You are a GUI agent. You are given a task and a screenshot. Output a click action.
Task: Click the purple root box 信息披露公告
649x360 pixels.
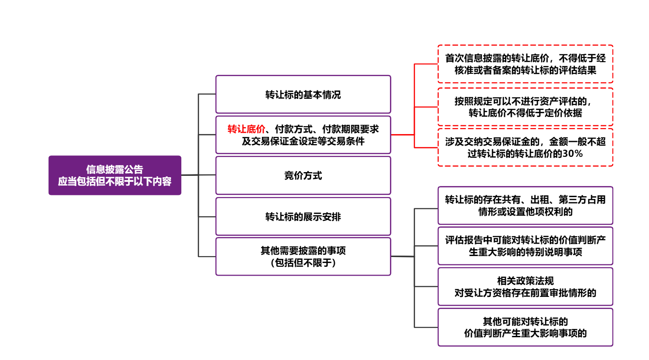point(115,175)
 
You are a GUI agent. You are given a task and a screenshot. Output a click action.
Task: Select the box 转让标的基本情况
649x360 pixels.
point(303,95)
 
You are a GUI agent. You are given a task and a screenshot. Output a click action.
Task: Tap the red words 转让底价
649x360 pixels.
point(246,129)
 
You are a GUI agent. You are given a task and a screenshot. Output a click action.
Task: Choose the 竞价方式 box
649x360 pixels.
point(303,176)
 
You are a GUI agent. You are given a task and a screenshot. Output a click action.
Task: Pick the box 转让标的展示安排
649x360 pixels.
point(303,217)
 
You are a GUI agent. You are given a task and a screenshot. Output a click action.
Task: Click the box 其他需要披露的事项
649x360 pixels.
point(303,257)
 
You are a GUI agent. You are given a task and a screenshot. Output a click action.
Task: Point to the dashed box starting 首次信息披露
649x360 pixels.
point(525,64)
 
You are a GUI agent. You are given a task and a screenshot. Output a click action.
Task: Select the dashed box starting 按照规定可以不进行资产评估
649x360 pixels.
point(525,107)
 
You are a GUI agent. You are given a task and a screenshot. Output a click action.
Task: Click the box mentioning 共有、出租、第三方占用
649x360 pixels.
point(525,206)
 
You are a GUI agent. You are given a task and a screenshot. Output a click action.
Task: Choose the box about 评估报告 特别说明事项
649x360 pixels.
point(525,246)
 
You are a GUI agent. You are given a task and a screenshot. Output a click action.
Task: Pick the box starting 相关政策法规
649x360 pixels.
point(525,287)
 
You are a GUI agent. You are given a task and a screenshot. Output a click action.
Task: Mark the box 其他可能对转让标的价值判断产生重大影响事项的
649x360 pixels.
point(525,327)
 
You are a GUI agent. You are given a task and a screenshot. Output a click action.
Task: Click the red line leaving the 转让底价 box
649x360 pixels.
point(402,135)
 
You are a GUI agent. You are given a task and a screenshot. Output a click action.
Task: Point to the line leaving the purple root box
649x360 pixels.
point(190,175)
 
